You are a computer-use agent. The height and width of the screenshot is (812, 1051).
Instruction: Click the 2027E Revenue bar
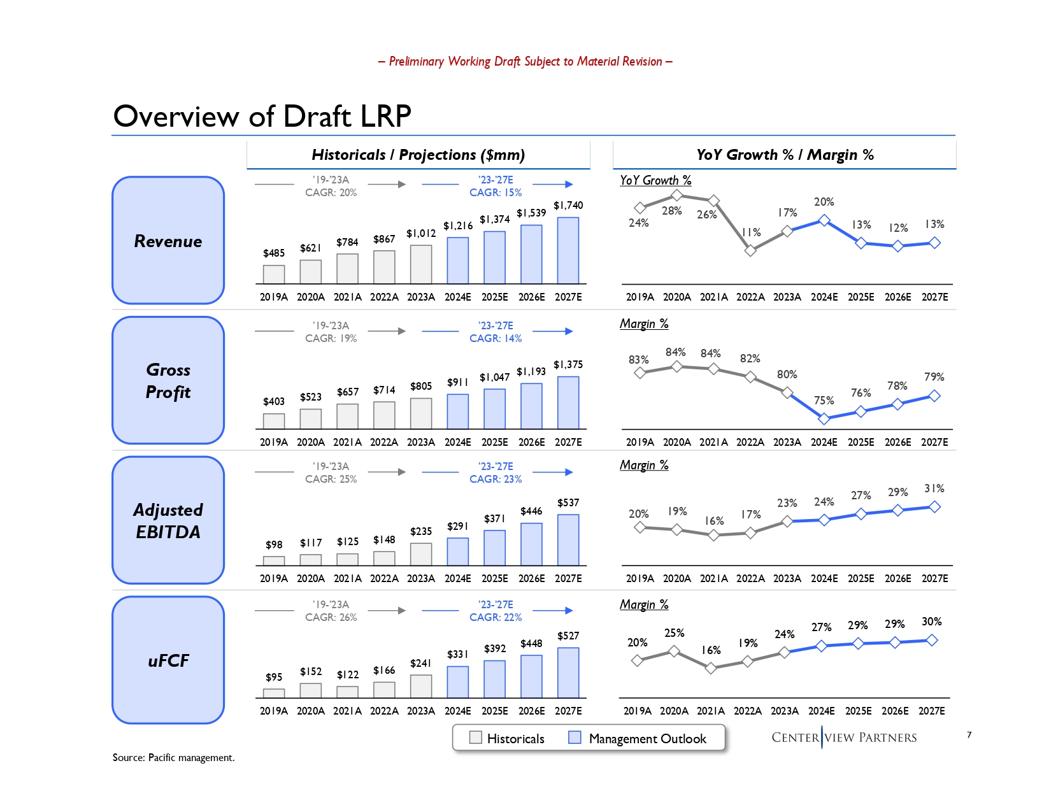(x=568, y=250)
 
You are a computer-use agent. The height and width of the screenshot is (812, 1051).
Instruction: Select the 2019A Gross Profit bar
(x=274, y=421)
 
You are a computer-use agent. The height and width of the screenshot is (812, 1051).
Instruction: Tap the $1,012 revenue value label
(x=421, y=234)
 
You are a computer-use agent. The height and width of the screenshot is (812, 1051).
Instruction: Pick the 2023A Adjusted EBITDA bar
(x=421, y=554)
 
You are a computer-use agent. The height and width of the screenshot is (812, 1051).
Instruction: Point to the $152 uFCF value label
(x=311, y=672)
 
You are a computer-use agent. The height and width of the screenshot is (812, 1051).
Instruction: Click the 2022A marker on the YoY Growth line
(x=750, y=250)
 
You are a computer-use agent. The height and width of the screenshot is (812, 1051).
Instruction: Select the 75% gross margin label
(x=824, y=401)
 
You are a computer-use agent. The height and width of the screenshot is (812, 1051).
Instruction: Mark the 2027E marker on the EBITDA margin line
(x=934, y=507)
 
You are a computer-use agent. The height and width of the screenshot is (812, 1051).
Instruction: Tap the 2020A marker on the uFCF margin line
(x=674, y=651)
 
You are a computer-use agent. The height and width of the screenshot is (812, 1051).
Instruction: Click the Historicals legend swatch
(x=475, y=737)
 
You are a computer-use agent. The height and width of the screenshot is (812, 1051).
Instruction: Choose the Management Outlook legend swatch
(x=575, y=737)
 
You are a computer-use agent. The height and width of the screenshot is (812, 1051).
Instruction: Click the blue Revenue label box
(x=168, y=240)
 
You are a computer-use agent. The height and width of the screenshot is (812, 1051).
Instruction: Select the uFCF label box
(x=168, y=660)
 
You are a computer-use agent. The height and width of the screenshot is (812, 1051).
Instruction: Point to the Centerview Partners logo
(x=844, y=737)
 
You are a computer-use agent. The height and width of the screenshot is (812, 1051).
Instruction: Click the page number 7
(x=969, y=735)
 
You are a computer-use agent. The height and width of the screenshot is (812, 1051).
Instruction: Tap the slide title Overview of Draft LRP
(x=262, y=117)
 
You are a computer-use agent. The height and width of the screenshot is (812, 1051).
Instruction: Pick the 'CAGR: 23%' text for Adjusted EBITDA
(x=496, y=479)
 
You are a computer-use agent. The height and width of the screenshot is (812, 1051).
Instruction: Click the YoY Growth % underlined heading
(x=655, y=180)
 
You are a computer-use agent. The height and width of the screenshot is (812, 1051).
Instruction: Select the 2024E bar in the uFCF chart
(x=457, y=682)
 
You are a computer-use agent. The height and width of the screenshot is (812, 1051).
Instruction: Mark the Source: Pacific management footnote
(x=173, y=757)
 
